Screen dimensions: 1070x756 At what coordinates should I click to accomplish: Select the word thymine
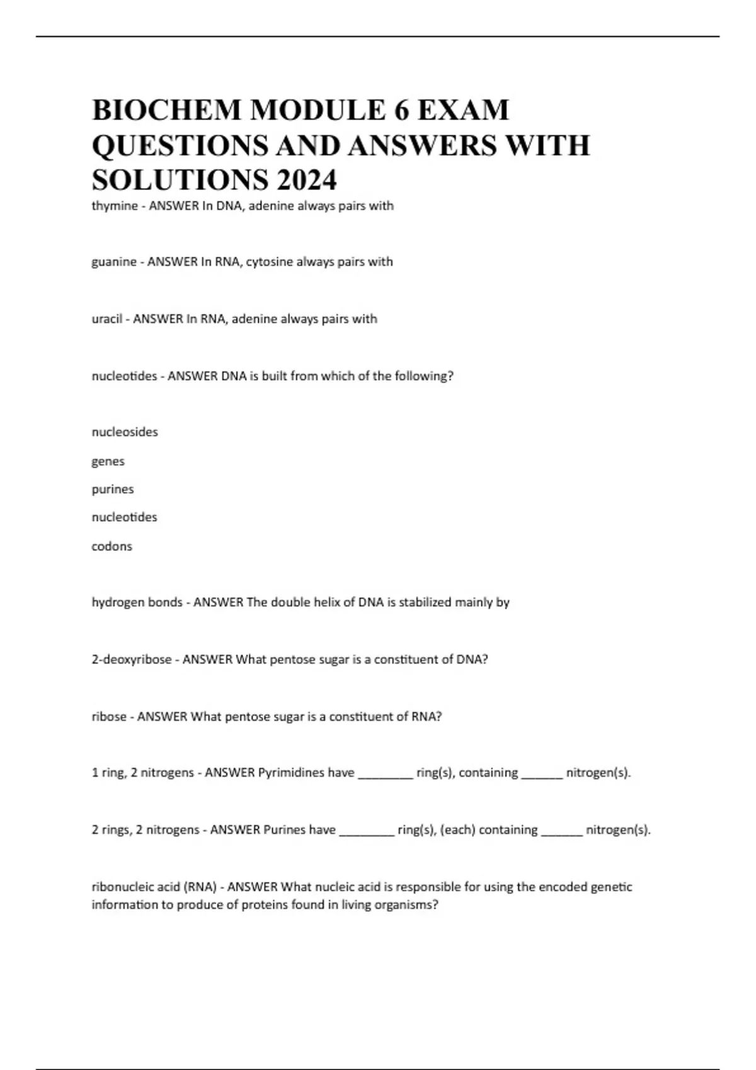[115, 206]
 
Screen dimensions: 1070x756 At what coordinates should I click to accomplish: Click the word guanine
[114, 262]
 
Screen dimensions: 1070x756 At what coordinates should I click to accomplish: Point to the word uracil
[107, 319]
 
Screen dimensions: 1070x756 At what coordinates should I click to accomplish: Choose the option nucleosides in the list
[125, 432]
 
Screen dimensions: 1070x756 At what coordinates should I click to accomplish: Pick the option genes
[108, 461]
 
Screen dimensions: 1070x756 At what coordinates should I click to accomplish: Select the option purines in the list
[113, 489]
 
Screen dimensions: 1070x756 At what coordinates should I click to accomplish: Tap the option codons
[112, 546]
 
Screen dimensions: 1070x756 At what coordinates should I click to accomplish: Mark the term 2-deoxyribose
[132, 660]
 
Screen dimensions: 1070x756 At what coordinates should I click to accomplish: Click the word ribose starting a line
[109, 716]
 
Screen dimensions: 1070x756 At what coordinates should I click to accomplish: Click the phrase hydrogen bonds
[137, 602]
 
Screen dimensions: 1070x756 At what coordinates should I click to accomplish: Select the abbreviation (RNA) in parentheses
[200, 887]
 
